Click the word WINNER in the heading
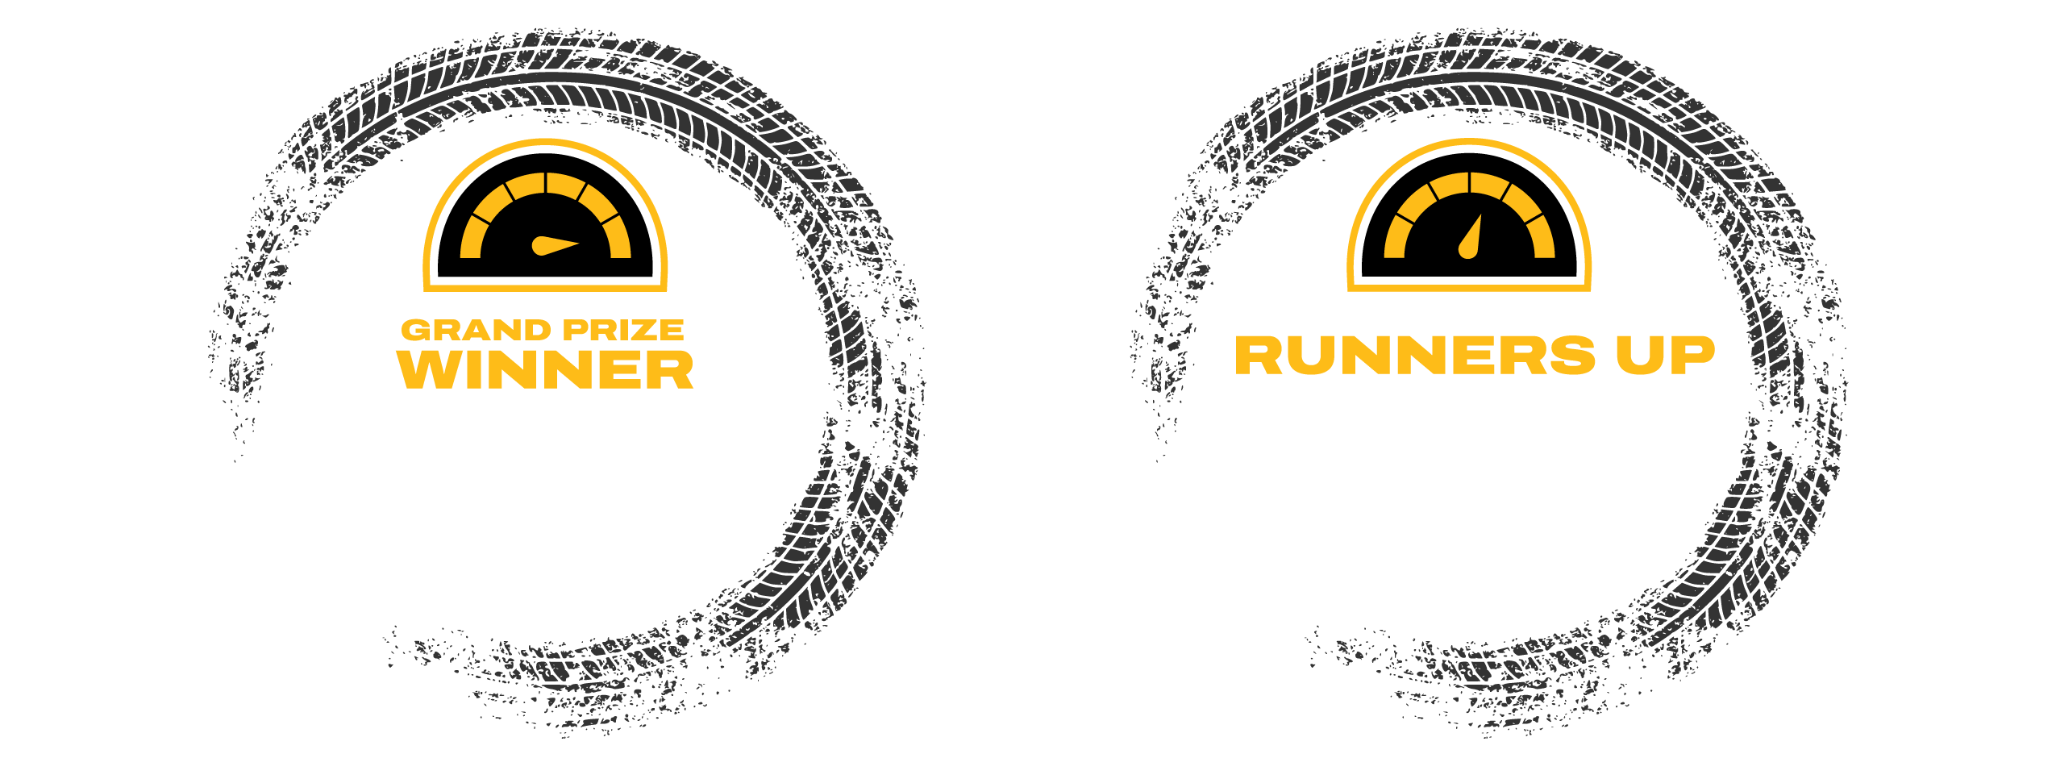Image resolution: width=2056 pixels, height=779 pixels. point(545,370)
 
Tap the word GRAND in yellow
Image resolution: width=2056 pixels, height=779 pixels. point(476,330)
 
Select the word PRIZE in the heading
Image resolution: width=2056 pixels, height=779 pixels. point(623,330)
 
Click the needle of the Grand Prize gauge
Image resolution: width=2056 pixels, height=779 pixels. point(555,245)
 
